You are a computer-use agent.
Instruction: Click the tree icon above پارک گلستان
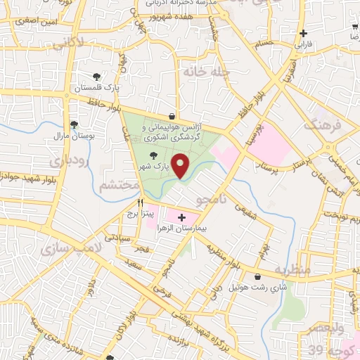coord(96,77)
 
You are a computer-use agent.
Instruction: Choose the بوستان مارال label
coord(74,136)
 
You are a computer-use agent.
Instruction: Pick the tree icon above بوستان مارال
coord(74,124)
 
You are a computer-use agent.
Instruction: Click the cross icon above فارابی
coord(302,32)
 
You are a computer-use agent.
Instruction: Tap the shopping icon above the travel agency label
coord(172,115)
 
